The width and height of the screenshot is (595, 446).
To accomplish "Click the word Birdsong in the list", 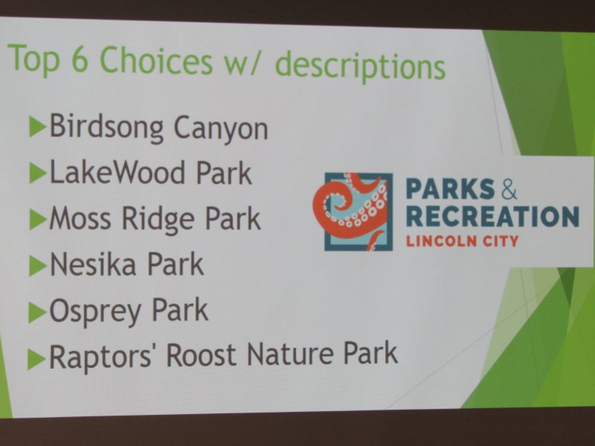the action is (x=106, y=127).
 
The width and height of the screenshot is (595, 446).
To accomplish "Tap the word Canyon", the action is (x=221, y=129).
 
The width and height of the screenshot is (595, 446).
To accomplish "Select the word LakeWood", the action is (x=118, y=172).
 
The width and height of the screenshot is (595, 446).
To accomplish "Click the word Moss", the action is (x=80, y=218).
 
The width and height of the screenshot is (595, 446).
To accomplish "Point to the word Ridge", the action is (x=158, y=219).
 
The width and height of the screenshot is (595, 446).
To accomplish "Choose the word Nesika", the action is (x=93, y=264).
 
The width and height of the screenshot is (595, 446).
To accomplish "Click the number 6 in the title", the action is (x=80, y=59).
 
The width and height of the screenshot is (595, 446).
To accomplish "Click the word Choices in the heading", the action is (x=156, y=61).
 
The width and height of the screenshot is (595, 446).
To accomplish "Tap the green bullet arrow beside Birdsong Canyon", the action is (x=38, y=127).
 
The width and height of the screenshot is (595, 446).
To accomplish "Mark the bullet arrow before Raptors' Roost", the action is (x=36, y=359).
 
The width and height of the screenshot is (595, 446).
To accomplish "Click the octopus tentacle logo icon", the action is (x=353, y=211).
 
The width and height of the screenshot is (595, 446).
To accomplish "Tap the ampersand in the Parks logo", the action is (x=509, y=189).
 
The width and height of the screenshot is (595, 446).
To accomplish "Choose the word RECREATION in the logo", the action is (x=492, y=216).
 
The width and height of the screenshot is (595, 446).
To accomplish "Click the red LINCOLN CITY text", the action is (x=462, y=241).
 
